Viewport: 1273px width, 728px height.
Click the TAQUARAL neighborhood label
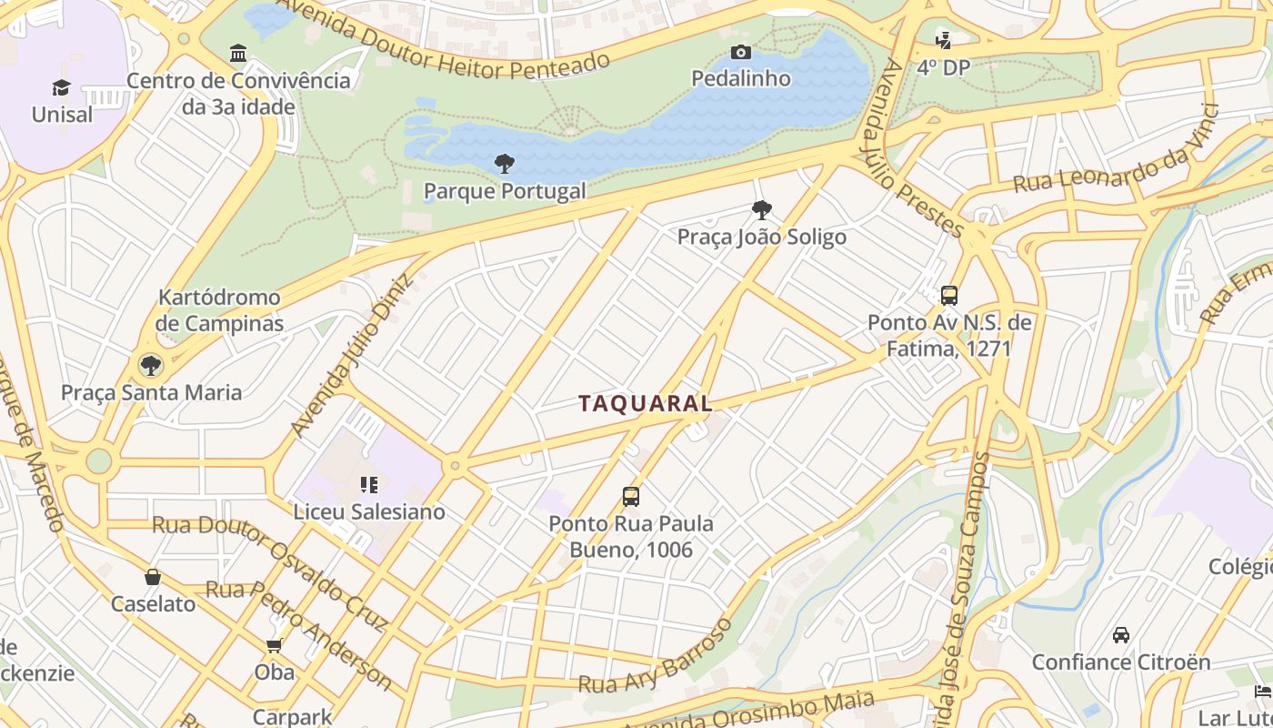(646, 404)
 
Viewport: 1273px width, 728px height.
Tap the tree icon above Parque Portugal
(505, 164)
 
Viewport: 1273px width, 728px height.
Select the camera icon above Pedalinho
(741, 53)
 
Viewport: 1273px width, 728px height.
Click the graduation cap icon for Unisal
(61, 87)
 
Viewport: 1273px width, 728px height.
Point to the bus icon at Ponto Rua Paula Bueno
(631, 497)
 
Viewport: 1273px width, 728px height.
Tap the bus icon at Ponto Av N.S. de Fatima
(948, 296)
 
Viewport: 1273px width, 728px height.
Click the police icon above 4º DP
(944, 40)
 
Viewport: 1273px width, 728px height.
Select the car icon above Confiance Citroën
(1121, 635)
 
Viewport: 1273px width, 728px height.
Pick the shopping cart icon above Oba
(274, 646)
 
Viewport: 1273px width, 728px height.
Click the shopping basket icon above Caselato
(153, 577)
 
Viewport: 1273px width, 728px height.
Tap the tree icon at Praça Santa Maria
(150, 366)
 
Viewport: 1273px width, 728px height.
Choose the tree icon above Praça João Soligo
(762, 211)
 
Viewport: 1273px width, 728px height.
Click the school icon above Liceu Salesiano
(368, 485)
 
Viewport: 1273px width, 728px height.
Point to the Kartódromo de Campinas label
(219, 310)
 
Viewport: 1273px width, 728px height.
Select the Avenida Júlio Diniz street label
(351, 356)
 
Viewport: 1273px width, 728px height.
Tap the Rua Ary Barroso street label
(656, 657)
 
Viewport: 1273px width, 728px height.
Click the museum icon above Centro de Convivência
(238, 54)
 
